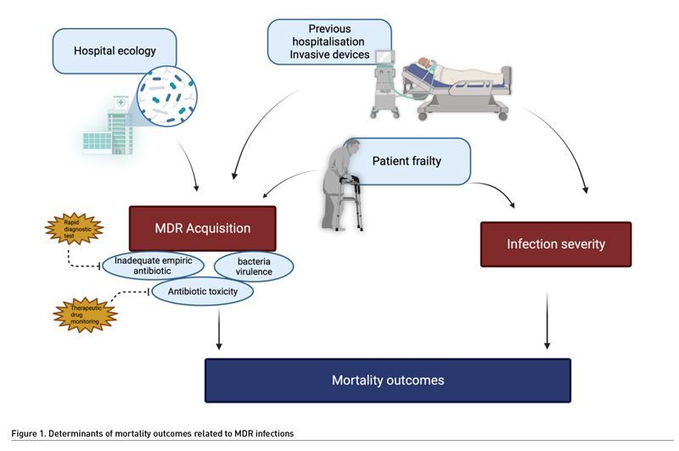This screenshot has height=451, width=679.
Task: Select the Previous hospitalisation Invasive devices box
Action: pyautogui.click(x=329, y=42)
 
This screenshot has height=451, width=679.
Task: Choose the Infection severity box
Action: pyautogui.click(x=556, y=244)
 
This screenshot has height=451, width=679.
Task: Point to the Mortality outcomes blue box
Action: pyautogui.click(x=387, y=380)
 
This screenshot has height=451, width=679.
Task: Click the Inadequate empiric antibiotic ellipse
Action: pyautogui.click(x=154, y=264)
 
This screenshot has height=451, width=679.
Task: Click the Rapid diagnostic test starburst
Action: pyautogui.click(x=73, y=228)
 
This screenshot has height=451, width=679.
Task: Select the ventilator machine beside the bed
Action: pyautogui.click(x=392, y=85)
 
